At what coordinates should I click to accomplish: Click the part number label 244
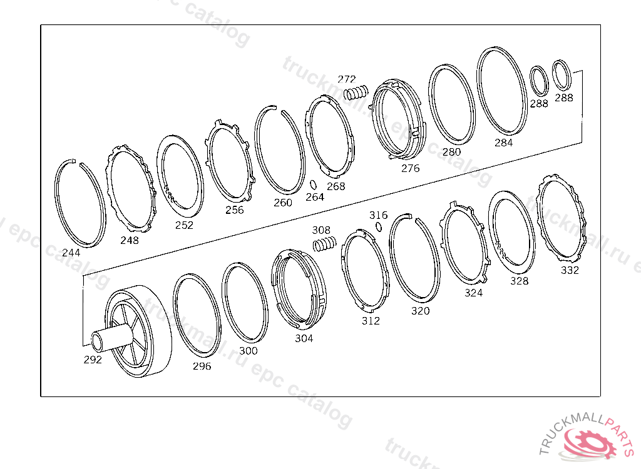(71, 253)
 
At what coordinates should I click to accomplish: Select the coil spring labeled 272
(356, 93)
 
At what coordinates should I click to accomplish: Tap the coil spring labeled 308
(325, 244)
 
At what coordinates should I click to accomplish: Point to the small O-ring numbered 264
(313, 184)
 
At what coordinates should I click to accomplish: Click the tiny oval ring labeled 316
(379, 226)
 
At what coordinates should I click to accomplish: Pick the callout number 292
(93, 360)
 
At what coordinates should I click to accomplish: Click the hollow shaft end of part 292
(98, 342)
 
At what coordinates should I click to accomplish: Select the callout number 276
(411, 168)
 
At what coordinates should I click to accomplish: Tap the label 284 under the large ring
(504, 143)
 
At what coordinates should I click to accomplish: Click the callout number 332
(570, 270)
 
